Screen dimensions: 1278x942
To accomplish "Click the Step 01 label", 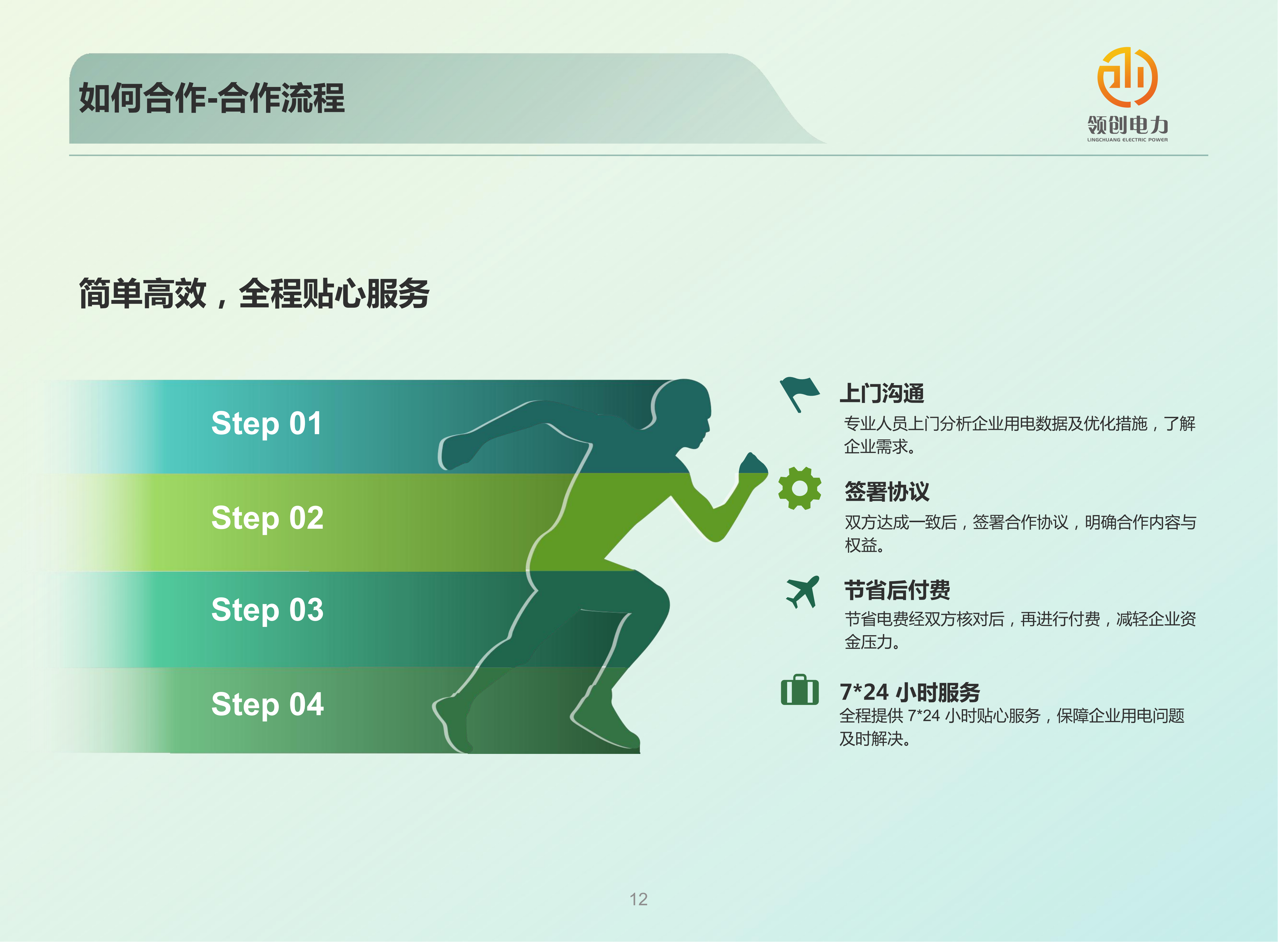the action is coord(266,424).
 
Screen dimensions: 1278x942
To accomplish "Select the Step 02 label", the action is coord(267,518).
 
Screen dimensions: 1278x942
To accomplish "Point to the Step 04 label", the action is coord(267,704).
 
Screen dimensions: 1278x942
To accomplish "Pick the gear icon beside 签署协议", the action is coord(800,488).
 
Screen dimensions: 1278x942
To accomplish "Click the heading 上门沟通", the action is coord(882,393).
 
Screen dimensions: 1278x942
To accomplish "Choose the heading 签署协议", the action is coord(887,492).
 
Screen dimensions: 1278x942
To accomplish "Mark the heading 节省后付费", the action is coord(897,590).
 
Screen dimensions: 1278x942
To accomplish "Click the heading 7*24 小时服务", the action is coord(910,692).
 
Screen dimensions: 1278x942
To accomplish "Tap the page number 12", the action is coord(639,899).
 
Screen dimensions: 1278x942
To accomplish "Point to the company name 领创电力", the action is coord(1128,125).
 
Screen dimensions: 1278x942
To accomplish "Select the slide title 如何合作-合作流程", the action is coord(211,98).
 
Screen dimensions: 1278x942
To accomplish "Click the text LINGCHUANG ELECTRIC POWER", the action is coord(1128,140).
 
